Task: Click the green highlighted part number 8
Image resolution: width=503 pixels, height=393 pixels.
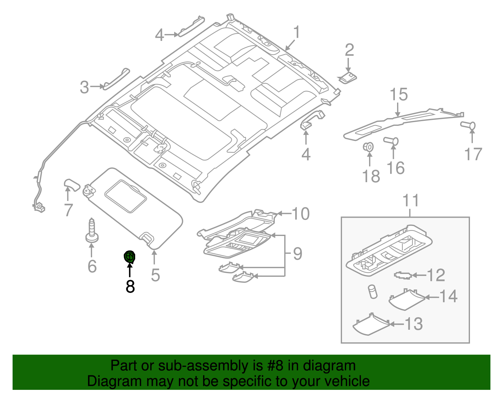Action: tap(130, 257)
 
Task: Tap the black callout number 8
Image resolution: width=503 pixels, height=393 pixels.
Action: tap(130, 287)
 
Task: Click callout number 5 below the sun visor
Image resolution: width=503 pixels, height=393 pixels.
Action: tap(155, 275)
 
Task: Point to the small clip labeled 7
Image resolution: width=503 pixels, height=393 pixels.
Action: tap(72, 185)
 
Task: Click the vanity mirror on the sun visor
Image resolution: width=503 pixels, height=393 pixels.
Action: tap(126, 196)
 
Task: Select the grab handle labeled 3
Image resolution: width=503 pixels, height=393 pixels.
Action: tap(116, 79)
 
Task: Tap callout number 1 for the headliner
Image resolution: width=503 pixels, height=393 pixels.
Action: tap(296, 33)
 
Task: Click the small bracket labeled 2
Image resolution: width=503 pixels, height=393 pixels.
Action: tap(347, 78)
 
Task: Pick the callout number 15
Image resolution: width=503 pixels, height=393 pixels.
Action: tap(399, 94)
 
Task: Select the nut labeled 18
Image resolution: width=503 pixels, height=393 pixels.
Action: tap(369, 147)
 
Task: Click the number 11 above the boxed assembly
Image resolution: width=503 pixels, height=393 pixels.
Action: tap(411, 200)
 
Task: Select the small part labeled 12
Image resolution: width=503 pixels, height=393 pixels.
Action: tap(403, 275)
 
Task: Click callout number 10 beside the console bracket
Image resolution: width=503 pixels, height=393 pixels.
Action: tap(301, 214)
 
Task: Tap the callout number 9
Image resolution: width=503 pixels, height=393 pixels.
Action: tap(297, 254)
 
